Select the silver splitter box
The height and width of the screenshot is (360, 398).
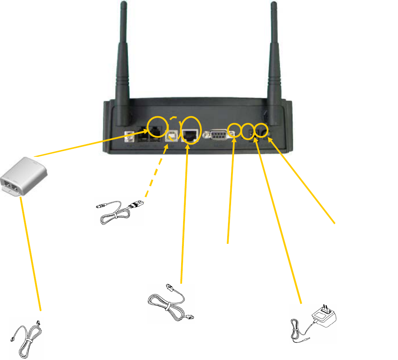pyautogui.click(x=24, y=176)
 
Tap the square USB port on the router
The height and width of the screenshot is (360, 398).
pyautogui.click(x=170, y=137)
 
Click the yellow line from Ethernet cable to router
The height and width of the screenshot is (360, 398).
pyautogui.click(x=184, y=211)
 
